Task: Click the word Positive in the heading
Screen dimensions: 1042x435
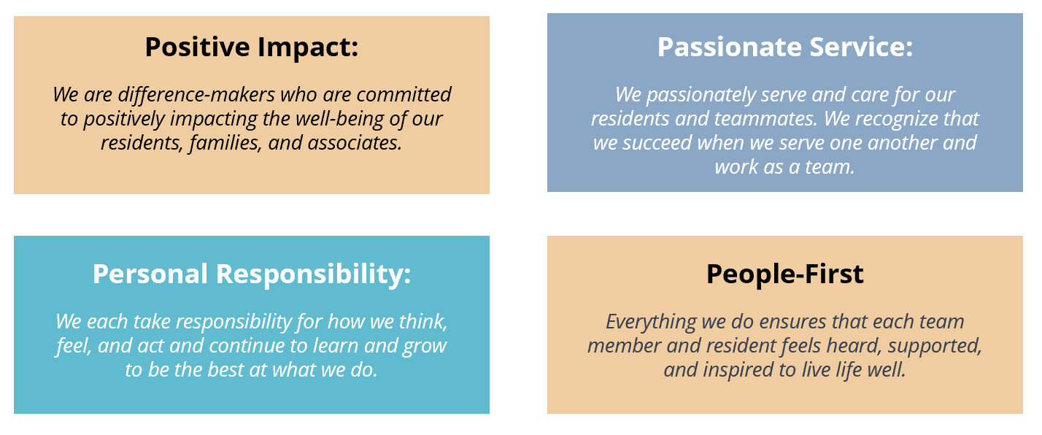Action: (198, 47)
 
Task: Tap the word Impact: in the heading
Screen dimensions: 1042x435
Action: (308, 47)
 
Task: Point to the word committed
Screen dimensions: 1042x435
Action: (404, 94)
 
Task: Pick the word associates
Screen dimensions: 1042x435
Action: (355, 143)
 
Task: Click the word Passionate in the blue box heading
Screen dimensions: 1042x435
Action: (730, 47)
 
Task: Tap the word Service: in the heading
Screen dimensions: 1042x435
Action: (861, 47)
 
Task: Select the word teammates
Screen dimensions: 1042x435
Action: (765, 119)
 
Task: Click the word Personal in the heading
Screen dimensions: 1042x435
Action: (150, 274)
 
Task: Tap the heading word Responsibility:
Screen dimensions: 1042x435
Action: (314, 274)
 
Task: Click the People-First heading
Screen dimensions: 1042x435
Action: (784, 274)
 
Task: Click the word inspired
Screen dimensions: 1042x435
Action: (738, 370)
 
